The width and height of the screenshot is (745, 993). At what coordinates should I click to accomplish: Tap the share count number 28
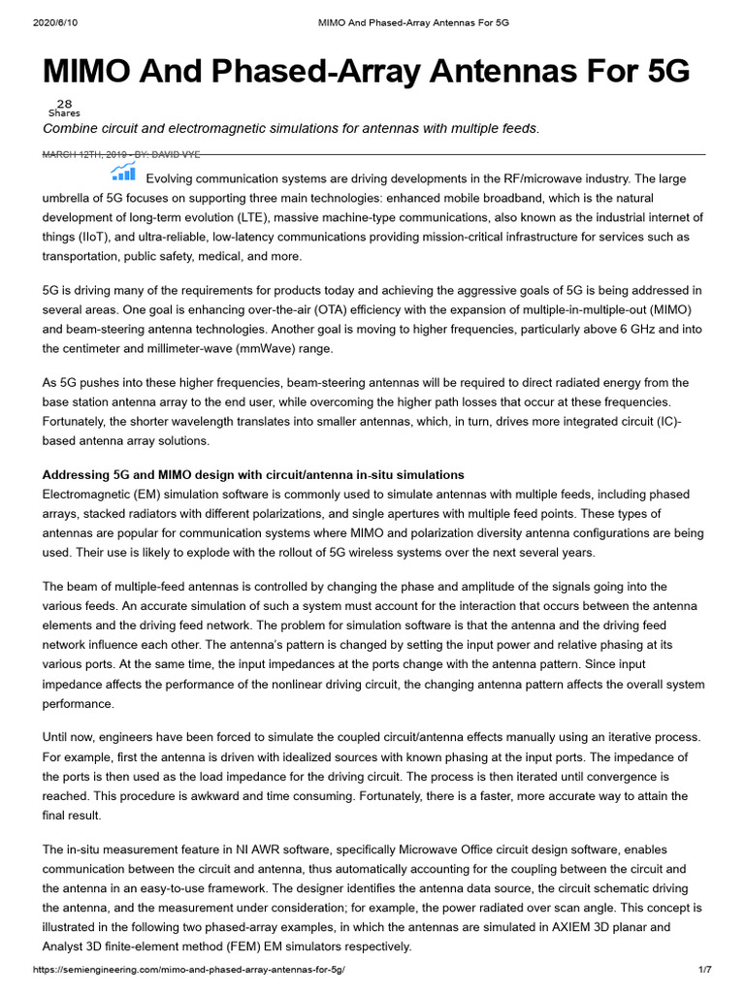coord(64,104)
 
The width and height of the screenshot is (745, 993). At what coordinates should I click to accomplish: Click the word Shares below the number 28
coord(64,113)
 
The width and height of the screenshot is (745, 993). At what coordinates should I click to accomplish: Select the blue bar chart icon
coord(123,173)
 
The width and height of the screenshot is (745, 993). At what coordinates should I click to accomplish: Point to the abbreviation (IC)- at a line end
coord(687,421)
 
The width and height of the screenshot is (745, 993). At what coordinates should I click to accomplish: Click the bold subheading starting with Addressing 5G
coord(253,474)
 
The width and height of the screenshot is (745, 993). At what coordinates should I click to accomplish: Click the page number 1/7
coord(705,970)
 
